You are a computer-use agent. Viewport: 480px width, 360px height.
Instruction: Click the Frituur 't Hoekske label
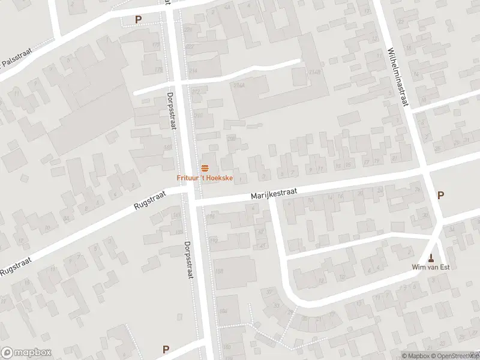204,177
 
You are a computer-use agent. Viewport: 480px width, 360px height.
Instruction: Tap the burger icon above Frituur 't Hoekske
205,167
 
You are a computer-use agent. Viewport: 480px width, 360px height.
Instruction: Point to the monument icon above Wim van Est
431,258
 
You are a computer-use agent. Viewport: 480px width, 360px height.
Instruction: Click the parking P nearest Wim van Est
441,195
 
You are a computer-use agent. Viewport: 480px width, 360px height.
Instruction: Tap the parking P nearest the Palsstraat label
138,20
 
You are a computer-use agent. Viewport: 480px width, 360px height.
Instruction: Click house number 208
232,139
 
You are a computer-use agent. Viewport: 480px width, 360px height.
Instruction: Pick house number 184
223,311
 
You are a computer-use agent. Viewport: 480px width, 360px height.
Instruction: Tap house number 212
196,92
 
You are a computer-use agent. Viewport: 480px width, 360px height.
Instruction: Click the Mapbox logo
25,352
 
